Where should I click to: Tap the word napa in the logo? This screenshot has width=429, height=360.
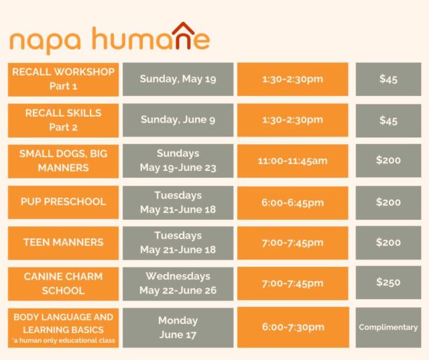click(x=46, y=42)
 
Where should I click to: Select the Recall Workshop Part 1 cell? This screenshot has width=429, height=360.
click(x=63, y=79)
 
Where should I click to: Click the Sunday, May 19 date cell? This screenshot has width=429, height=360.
click(x=178, y=79)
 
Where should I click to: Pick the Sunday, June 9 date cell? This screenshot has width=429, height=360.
click(x=178, y=120)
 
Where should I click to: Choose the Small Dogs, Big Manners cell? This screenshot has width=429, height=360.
click(x=63, y=161)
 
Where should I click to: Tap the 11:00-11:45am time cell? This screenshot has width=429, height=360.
click(x=293, y=161)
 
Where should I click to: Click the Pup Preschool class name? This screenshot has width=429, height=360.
click(x=63, y=202)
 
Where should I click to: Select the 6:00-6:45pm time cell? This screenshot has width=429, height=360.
click(x=293, y=202)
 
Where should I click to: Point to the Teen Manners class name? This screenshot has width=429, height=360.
click(x=63, y=243)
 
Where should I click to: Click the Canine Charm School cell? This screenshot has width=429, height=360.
click(x=63, y=284)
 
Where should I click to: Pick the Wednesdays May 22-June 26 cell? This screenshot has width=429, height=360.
click(x=178, y=284)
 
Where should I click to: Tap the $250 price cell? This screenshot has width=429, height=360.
click(x=388, y=283)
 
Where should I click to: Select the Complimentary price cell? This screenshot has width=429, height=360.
click(x=388, y=327)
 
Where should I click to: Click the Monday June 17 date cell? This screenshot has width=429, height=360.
click(x=178, y=328)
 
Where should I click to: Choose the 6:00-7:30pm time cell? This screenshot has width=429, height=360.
click(x=293, y=327)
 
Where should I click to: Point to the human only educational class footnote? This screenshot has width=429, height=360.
click(x=64, y=341)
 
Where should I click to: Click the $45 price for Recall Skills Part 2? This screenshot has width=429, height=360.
click(x=388, y=121)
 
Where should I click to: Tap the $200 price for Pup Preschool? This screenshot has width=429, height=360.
click(x=388, y=203)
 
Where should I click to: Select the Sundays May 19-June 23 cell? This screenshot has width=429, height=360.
click(x=178, y=161)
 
